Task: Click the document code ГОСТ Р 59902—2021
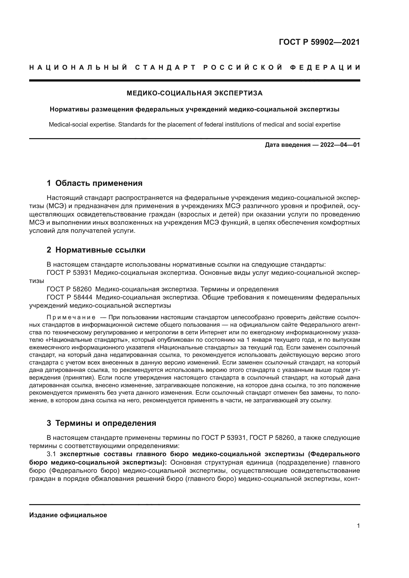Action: tap(319, 42)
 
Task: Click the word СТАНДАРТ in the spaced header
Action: tap(165, 67)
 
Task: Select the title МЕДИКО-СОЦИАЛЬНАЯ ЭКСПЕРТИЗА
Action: tap(194, 93)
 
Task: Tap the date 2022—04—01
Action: tap(340, 145)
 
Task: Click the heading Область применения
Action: tap(99, 183)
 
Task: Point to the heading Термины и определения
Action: tap(106, 423)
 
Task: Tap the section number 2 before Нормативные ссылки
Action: tap(49, 250)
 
